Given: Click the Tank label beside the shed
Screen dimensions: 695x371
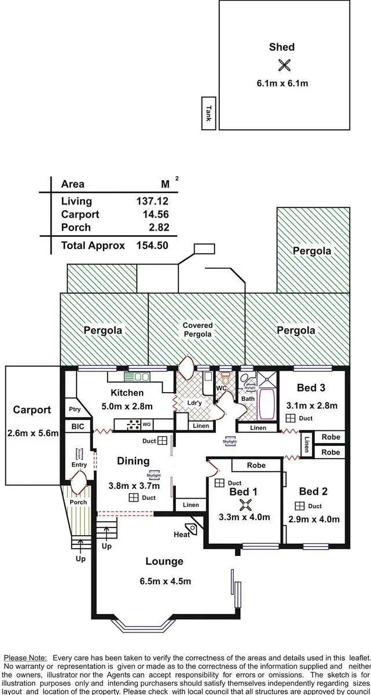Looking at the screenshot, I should (208, 112).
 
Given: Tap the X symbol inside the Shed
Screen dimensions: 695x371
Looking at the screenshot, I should (284, 65).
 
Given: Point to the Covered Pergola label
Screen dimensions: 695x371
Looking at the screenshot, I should (198, 330).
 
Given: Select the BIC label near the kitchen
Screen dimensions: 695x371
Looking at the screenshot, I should (78, 426).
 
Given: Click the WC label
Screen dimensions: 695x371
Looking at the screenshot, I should (222, 388).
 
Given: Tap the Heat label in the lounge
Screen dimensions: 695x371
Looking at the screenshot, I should (182, 534).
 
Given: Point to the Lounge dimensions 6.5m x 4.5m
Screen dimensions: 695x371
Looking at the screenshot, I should (164, 581).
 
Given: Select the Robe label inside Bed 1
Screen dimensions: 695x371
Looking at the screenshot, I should (256, 465).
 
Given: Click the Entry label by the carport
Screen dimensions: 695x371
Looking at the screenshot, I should (79, 464).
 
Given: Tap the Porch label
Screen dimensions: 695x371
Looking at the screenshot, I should (78, 502).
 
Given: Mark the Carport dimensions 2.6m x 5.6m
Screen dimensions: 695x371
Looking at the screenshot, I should (32, 433).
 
